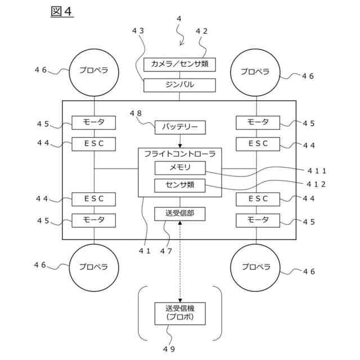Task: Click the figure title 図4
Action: click(62, 11)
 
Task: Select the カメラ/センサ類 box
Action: click(179, 65)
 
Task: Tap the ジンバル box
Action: click(179, 85)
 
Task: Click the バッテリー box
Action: click(180, 128)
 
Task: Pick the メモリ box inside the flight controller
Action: click(180, 168)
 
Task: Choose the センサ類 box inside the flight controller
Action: click(180, 186)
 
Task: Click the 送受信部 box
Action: click(180, 214)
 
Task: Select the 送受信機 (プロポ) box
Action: click(180, 314)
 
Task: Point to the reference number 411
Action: click(317, 170)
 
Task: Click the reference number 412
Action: click(316, 184)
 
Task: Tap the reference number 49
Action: click(169, 349)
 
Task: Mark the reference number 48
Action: click(136, 113)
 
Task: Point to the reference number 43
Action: click(138, 31)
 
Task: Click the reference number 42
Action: click(201, 31)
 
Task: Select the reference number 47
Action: click(166, 251)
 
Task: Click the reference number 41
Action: click(145, 251)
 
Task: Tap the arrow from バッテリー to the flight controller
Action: click(180, 141)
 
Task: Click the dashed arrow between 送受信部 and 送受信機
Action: click(180, 262)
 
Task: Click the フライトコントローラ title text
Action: click(180, 154)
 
